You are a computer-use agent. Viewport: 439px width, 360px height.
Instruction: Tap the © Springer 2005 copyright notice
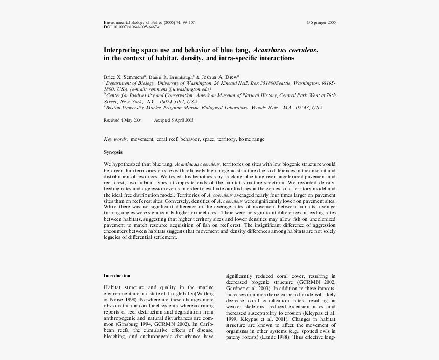321,23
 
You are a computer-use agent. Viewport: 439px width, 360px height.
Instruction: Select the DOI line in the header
132,27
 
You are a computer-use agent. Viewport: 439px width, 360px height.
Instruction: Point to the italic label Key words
116,139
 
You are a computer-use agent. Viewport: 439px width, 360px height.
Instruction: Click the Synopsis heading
113,152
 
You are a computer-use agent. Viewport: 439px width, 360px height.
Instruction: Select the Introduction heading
117,276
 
